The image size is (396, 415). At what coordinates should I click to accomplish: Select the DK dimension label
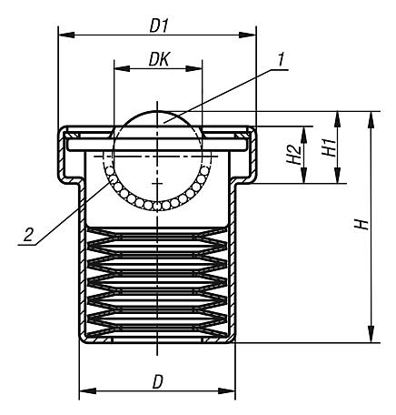point(156,57)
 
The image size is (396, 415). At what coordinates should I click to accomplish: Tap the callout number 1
point(282,60)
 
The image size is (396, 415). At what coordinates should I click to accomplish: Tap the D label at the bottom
point(158,380)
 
